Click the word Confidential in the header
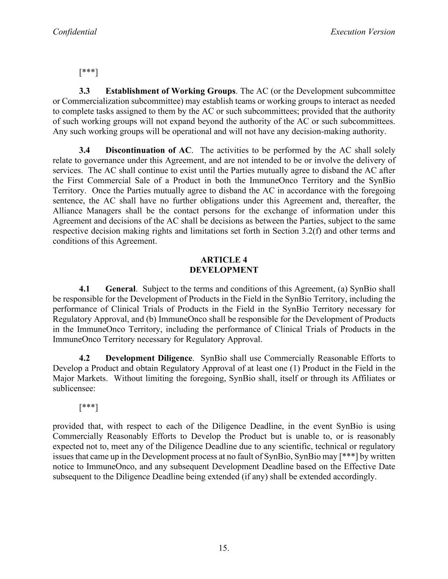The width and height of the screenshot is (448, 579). (75, 32)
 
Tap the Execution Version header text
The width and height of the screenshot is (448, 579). (363, 32)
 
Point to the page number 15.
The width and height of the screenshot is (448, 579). (224, 548)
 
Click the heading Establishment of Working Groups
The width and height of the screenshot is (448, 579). (170, 91)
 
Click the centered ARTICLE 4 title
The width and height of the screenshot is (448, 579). (224, 260)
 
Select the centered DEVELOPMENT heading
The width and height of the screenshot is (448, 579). (224, 270)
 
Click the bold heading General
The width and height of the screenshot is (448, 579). (121, 289)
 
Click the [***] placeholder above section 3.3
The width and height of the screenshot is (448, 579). (88, 72)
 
